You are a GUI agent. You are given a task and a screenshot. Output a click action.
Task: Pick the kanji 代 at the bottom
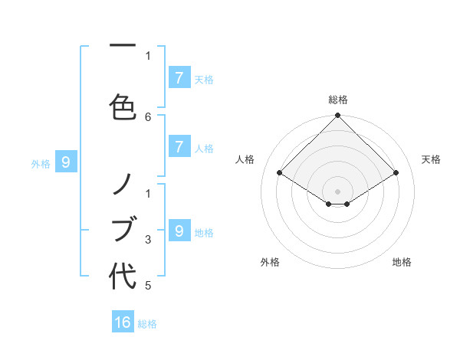click(x=123, y=276)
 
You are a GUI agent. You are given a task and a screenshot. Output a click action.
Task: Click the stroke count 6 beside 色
click(x=148, y=116)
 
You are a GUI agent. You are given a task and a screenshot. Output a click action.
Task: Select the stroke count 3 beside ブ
click(x=148, y=239)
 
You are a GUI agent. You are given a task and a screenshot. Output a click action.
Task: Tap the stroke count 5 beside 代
click(x=148, y=286)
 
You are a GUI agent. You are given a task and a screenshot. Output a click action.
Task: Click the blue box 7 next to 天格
click(x=179, y=78)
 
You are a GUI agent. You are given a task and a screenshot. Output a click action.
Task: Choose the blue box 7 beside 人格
click(x=179, y=147)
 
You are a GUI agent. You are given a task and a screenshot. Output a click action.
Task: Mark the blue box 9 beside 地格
click(x=179, y=231)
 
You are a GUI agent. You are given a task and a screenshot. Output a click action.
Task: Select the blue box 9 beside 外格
click(x=66, y=162)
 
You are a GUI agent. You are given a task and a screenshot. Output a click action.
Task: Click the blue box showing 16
click(x=123, y=322)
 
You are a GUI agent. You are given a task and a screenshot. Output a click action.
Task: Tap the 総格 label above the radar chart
click(x=338, y=100)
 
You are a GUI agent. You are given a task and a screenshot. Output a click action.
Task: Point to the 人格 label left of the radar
click(x=245, y=159)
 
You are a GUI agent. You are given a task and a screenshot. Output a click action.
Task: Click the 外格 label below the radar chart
click(x=270, y=262)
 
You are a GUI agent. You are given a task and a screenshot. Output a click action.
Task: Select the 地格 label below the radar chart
click(x=402, y=262)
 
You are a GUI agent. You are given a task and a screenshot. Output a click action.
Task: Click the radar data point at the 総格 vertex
click(x=338, y=116)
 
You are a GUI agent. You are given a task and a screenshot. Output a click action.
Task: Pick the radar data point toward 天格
click(x=396, y=173)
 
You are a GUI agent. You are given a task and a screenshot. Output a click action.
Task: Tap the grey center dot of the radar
click(x=338, y=191)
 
